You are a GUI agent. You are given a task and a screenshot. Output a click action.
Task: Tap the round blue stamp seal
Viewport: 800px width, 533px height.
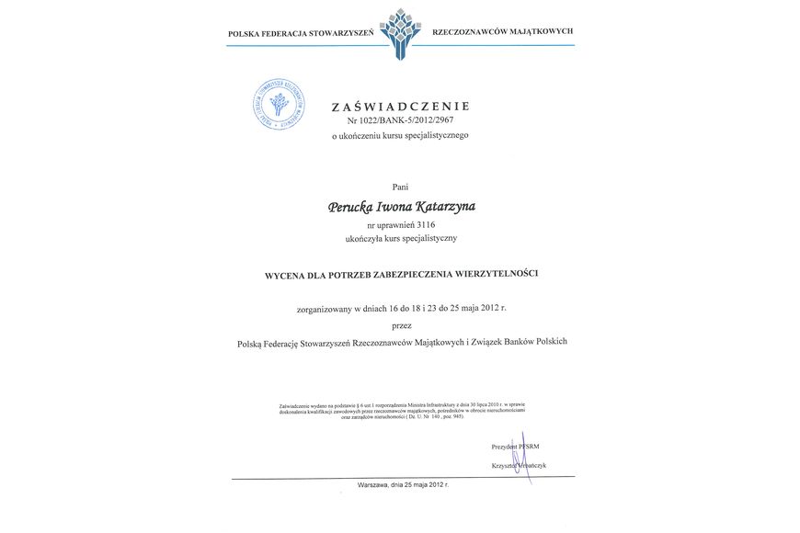(279, 104)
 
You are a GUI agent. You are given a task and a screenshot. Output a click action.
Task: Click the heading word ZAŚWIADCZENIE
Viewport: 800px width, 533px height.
(400, 107)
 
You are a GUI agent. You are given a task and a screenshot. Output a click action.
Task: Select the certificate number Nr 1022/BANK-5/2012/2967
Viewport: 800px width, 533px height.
(400, 120)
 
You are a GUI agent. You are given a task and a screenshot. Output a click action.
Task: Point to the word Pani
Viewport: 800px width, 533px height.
(400, 187)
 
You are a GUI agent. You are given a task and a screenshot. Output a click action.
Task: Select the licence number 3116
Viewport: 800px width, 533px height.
(425, 224)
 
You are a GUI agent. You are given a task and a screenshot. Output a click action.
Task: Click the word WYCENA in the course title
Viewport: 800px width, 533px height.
(286, 274)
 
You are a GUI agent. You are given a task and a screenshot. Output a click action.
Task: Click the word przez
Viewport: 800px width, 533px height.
(401, 324)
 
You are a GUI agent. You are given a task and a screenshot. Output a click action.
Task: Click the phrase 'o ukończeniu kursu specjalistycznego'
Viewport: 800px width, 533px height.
(400, 135)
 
